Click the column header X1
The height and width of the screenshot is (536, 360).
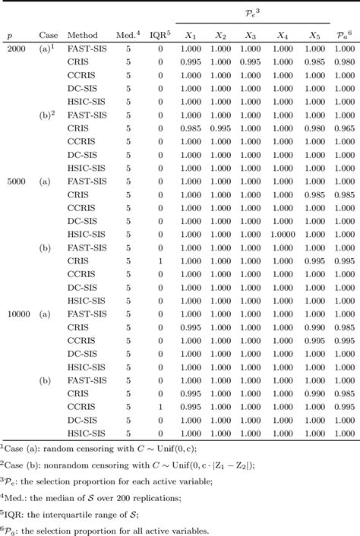[191, 36]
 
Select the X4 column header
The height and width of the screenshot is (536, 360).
[283, 36]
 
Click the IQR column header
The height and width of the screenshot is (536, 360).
[159, 35]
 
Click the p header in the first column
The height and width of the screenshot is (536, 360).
[10, 36]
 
